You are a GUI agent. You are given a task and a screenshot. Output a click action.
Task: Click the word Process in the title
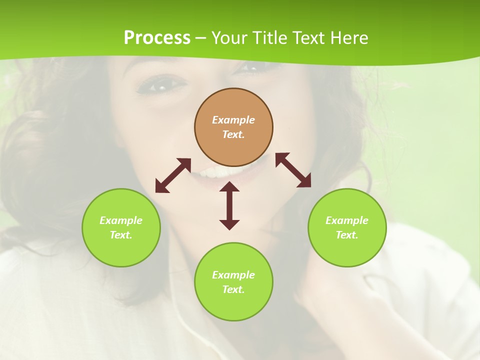157,37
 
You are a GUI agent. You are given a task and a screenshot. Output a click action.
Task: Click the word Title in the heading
268,37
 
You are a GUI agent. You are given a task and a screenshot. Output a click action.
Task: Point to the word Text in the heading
308,37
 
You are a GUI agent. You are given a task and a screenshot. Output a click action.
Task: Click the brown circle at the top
233,102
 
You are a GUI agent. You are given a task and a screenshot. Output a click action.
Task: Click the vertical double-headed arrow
229,205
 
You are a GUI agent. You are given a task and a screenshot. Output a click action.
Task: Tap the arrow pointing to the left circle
173,175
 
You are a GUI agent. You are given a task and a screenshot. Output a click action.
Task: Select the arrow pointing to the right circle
293,170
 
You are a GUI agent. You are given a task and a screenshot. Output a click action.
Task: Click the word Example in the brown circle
233,120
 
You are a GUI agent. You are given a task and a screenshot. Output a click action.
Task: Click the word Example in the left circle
121,220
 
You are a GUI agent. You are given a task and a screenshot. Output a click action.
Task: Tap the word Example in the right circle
347,220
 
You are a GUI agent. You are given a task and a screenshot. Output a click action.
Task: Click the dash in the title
201,38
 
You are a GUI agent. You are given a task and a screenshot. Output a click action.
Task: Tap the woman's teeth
212,173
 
